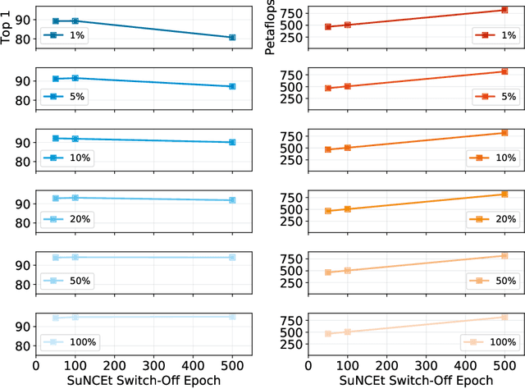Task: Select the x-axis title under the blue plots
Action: (135, 381)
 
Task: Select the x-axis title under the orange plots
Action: (406, 381)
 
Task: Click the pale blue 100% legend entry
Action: (70, 341)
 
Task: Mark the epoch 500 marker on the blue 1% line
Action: (232, 38)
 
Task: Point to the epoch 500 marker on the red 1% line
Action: (504, 10)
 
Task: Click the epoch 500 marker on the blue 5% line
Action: (232, 86)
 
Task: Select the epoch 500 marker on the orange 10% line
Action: (504, 132)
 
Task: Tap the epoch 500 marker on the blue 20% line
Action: (232, 200)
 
